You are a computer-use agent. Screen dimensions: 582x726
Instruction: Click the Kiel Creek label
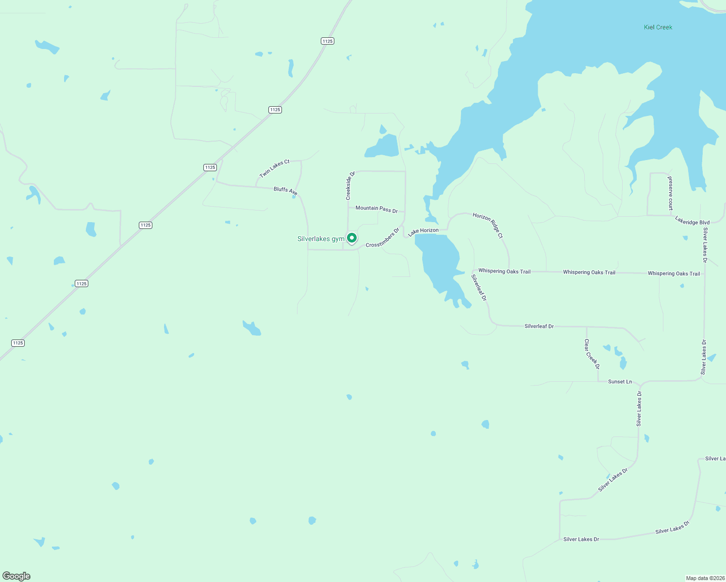tap(658, 27)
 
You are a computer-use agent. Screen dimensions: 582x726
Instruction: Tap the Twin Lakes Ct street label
tap(274, 168)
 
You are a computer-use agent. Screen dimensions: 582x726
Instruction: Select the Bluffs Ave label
tap(285, 191)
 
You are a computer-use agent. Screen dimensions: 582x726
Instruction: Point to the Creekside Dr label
tap(350, 185)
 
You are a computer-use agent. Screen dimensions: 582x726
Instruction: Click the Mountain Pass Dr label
tap(377, 209)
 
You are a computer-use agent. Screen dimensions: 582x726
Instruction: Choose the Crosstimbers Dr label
tap(382, 238)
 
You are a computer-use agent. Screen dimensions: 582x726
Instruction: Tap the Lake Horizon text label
tap(423, 231)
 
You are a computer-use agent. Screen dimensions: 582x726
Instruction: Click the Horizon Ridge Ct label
tap(488, 225)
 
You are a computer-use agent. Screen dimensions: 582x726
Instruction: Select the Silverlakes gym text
tap(321, 239)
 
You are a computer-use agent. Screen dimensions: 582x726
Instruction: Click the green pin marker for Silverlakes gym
tap(352, 238)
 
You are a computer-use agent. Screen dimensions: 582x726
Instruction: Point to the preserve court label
tap(670, 193)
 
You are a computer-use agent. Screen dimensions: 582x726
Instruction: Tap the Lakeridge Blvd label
tap(693, 221)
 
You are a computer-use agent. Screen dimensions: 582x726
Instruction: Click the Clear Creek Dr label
tap(592, 354)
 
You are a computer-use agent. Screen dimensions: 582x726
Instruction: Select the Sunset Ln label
tap(620, 382)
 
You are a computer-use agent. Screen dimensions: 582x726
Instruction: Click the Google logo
tap(16, 576)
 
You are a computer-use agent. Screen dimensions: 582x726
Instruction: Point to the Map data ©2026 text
tap(705, 578)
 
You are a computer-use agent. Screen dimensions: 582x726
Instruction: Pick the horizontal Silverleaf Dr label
tap(539, 326)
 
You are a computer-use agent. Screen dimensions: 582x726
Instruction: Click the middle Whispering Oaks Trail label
tap(589, 272)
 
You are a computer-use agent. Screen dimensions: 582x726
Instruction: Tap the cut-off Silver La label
tap(715, 458)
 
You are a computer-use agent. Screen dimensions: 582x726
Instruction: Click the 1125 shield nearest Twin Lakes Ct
tap(210, 167)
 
